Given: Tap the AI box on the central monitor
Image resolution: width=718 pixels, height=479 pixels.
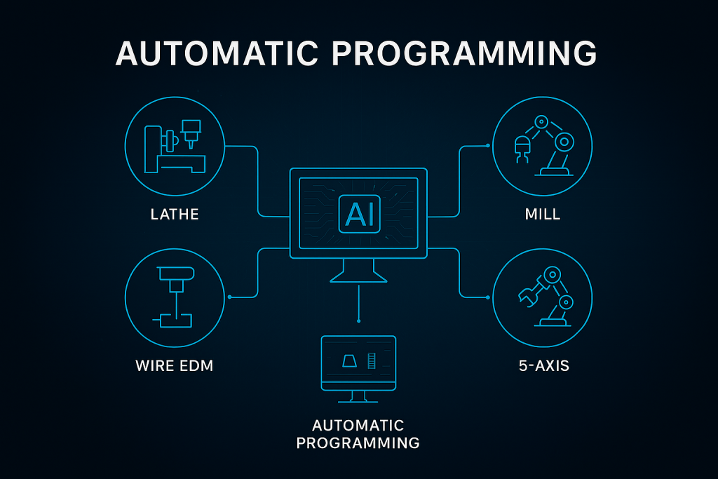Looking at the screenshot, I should [x=358, y=213].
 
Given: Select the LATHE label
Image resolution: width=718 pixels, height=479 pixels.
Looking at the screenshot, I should [x=175, y=214].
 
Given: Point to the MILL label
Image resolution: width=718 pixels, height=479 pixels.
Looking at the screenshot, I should [x=543, y=214].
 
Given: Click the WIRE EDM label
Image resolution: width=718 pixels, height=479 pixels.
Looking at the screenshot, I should [x=175, y=365].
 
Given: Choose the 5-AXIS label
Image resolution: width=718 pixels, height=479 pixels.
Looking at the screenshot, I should [x=543, y=365].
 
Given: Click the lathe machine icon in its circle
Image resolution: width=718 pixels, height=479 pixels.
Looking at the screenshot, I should [x=175, y=147].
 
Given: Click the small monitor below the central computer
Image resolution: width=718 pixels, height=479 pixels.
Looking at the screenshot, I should [x=358, y=365].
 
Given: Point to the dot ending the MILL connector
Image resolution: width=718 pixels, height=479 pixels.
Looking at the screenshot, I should [x=487, y=146].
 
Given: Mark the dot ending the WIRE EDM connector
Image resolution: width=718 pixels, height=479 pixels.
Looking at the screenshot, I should [x=230, y=297].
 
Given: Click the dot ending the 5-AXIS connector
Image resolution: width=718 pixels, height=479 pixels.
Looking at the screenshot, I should [x=487, y=297].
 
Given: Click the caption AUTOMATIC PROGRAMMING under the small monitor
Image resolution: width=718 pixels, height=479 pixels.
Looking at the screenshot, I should [x=358, y=434].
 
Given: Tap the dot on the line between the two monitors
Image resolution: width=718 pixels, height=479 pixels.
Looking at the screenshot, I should [x=358, y=321].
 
